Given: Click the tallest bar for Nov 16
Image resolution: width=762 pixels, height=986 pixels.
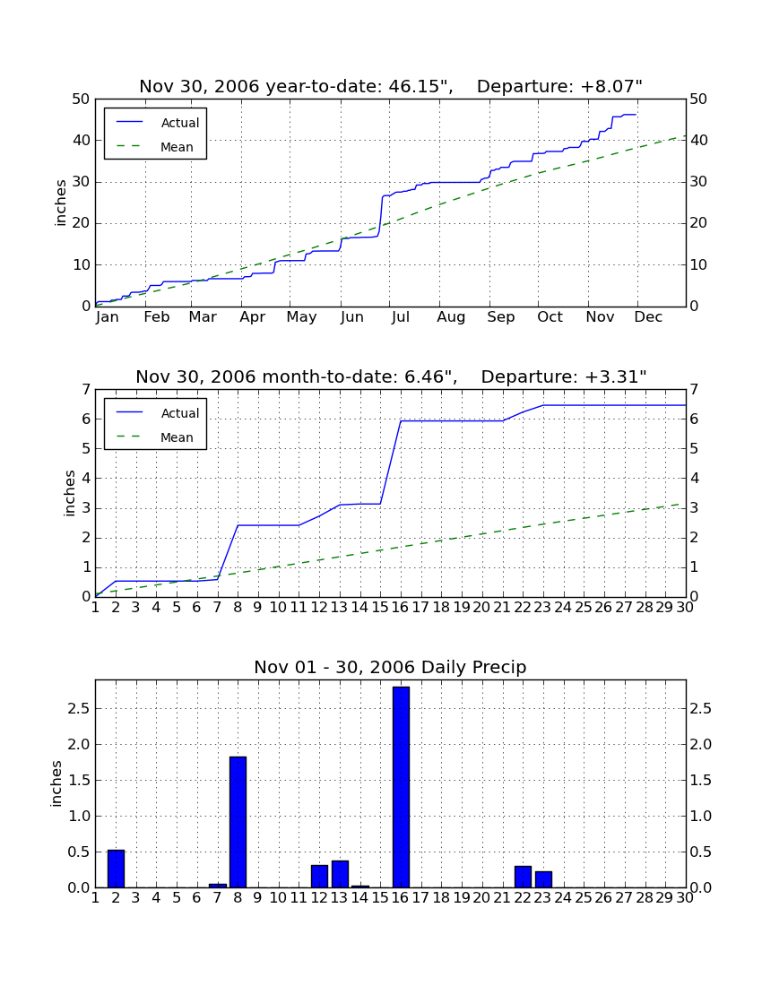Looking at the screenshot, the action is (401, 787).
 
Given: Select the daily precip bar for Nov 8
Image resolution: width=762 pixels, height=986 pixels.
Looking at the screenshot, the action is (238, 822).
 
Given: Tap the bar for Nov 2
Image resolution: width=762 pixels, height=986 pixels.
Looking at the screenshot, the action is (116, 869).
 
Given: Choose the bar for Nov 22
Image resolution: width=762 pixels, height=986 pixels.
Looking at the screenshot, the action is (523, 877).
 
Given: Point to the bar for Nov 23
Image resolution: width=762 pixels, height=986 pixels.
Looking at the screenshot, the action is (543, 879).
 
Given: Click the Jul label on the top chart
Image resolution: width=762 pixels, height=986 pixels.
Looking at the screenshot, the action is (401, 317).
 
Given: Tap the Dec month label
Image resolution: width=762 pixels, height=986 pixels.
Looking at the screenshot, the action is (648, 317).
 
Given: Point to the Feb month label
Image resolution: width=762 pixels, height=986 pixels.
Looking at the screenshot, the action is (157, 317).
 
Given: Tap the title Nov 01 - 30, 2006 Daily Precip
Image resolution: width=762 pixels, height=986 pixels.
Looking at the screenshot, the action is (390, 667).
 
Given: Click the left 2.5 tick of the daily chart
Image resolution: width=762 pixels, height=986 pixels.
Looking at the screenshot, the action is (80, 709).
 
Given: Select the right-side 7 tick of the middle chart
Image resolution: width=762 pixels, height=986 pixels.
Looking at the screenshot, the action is (694, 389).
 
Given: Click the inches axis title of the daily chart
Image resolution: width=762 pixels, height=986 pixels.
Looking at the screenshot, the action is (56, 783).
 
